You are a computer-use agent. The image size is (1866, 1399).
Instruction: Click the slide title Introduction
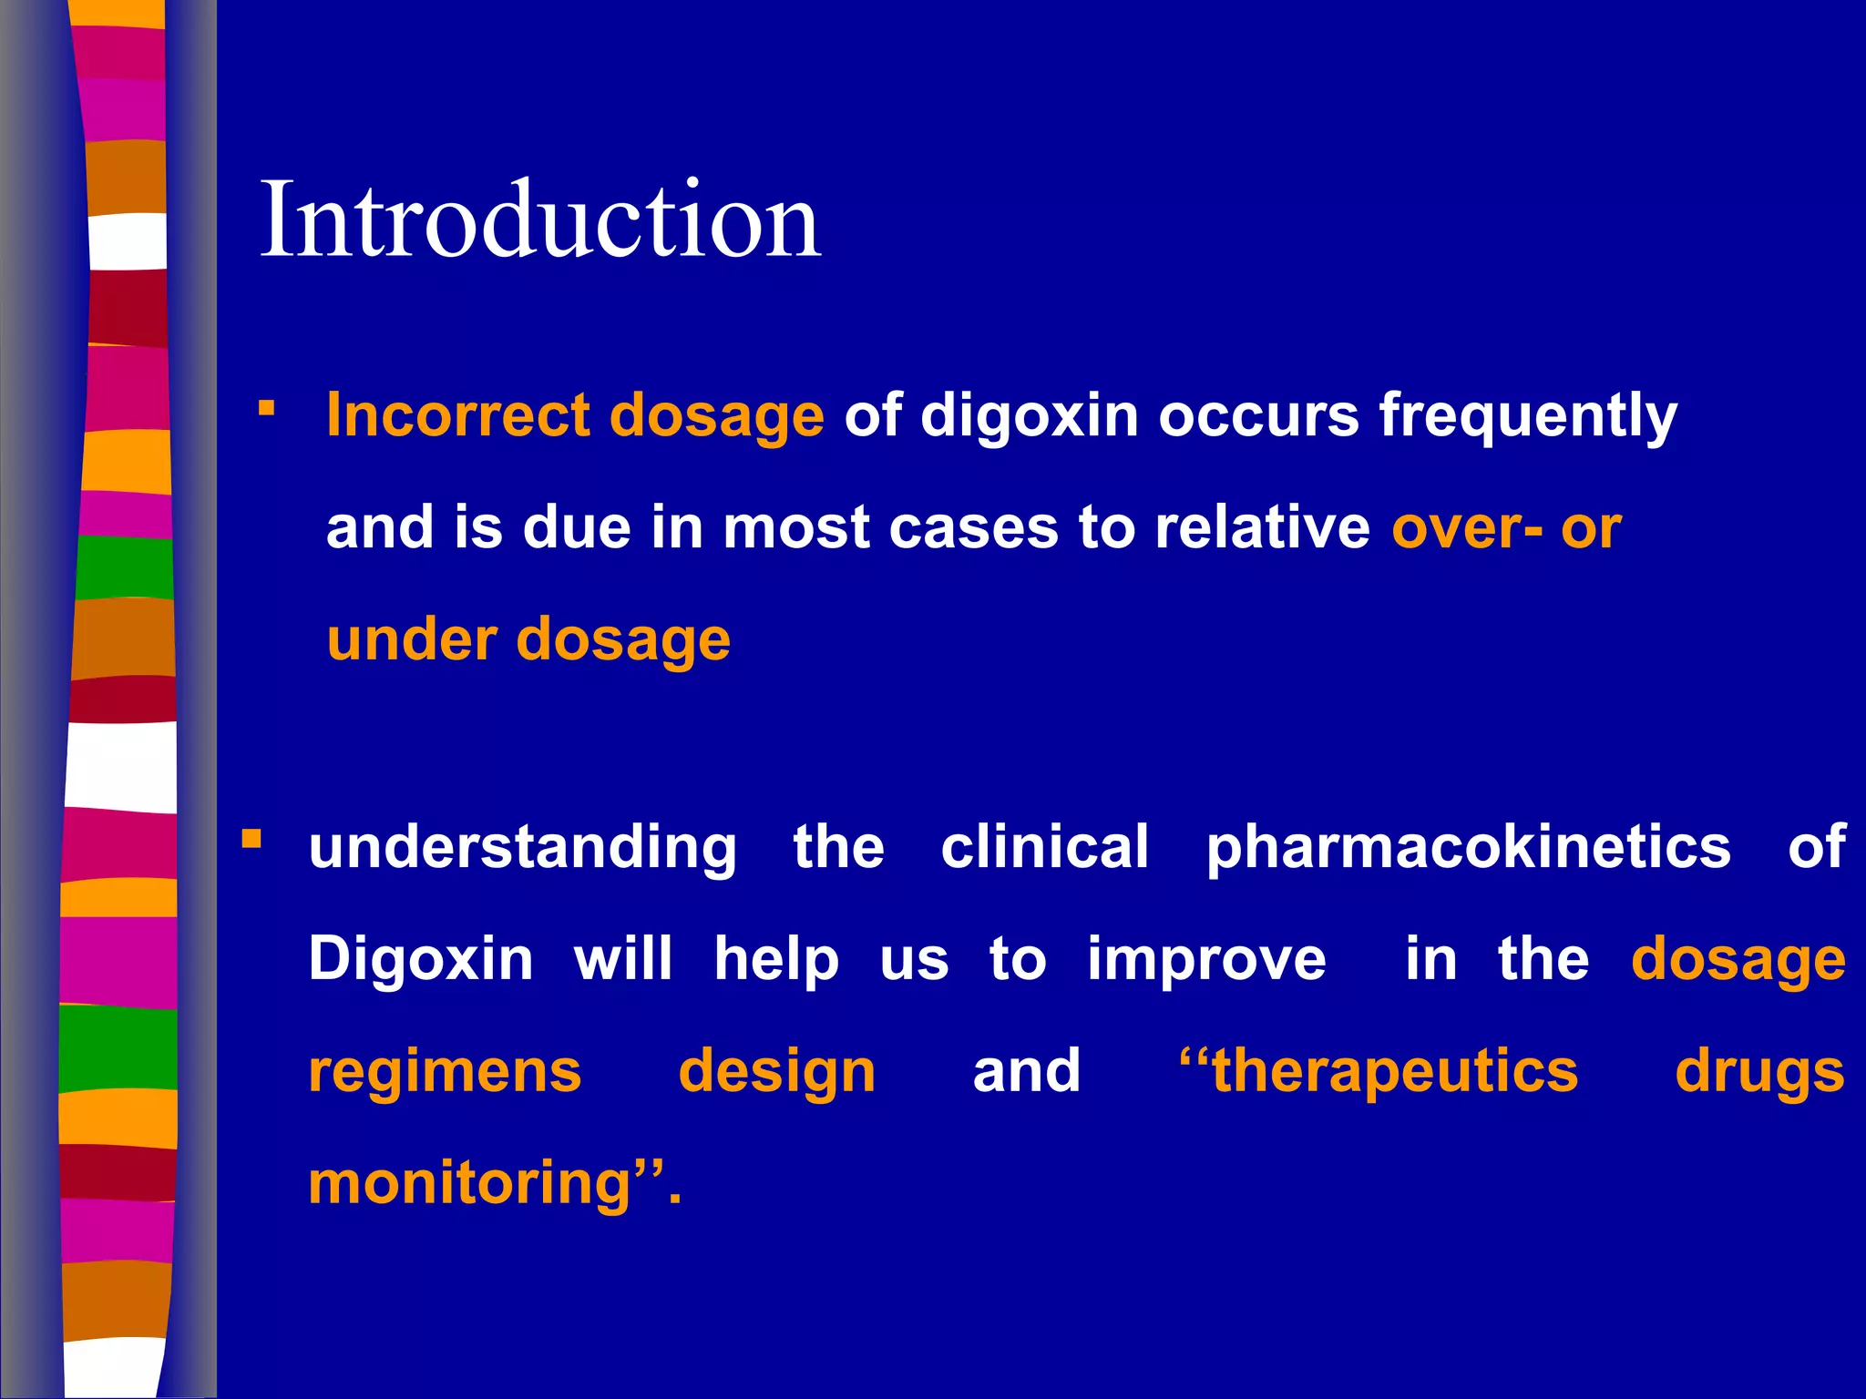click(540, 220)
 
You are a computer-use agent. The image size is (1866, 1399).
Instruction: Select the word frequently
click(1527, 417)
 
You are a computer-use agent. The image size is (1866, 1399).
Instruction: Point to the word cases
click(973, 528)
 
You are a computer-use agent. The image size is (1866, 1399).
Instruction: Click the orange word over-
click(1467, 528)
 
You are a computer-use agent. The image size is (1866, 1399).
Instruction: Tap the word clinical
click(1044, 847)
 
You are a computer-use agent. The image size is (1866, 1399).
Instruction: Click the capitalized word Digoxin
click(421, 960)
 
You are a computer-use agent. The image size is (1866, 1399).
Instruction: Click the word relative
click(1262, 528)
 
